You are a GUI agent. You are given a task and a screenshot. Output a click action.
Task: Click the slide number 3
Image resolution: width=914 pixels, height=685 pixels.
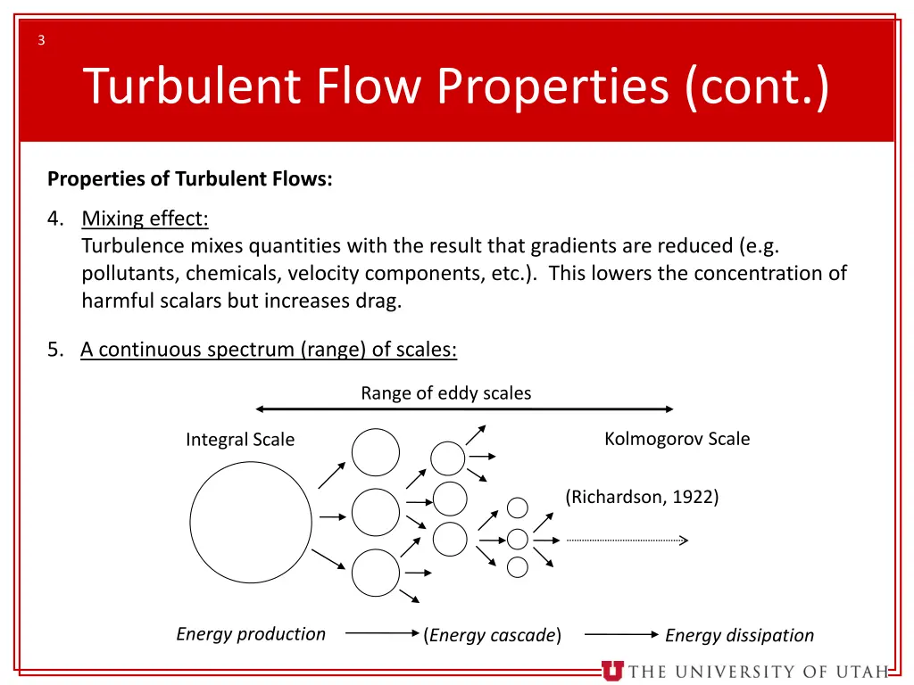pyautogui.click(x=41, y=39)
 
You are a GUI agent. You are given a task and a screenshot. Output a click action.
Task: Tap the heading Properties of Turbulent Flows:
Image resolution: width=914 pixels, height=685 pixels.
pyautogui.click(x=189, y=179)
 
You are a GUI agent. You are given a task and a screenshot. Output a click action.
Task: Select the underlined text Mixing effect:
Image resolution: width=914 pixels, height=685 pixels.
pyautogui.click(x=145, y=219)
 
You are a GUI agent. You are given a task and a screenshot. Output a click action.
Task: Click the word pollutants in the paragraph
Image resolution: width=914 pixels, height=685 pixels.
pyautogui.click(x=129, y=273)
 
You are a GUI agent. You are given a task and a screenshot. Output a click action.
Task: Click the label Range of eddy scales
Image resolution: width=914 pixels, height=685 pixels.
pyautogui.click(x=445, y=393)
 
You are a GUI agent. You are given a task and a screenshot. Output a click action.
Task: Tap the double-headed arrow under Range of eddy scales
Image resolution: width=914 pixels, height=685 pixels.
pyautogui.click(x=464, y=409)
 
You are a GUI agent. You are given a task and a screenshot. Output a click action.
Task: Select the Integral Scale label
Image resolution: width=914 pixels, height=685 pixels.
pyautogui.click(x=239, y=440)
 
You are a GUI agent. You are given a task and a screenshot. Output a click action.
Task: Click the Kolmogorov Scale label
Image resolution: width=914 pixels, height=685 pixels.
pyautogui.click(x=677, y=439)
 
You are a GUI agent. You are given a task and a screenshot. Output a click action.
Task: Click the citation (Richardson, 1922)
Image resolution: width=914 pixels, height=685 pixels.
pyautogui.click(x=642, y=498)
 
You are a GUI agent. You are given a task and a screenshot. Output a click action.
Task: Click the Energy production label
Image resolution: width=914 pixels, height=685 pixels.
pyautogui.click(x=251, y=634)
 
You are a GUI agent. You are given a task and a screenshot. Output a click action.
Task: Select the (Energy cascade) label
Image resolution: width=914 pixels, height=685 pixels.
pyautogui.click(x=493, y=635)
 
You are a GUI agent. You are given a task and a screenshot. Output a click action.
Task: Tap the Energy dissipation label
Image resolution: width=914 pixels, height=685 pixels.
pyautogui.click(x=739, y=635)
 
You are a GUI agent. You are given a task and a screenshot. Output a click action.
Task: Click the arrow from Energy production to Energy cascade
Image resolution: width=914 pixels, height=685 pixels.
pyautogui.click(x=382, y=633)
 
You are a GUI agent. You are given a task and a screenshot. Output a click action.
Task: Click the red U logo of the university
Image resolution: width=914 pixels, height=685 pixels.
pyautogui.click(x=612, y=671)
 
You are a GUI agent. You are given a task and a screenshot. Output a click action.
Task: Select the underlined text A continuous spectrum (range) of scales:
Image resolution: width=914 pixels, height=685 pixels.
pyautogui.click(x=269, y=350)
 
